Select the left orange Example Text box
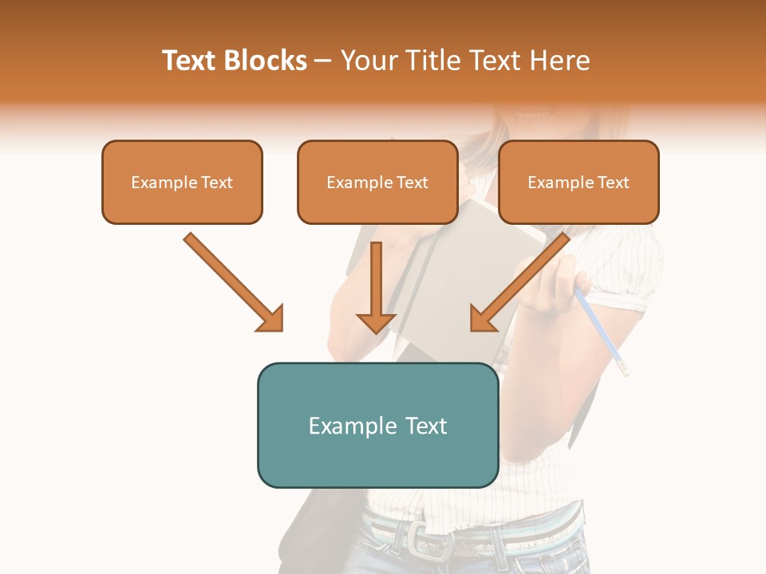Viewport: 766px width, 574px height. [182, 182]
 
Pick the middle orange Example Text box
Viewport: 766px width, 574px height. [377, 182]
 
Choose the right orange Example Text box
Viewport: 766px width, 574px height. [578, 182]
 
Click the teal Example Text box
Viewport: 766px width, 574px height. [377, 425]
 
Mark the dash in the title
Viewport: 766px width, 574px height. [324, 61]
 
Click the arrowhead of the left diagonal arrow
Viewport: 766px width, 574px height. [271, 319]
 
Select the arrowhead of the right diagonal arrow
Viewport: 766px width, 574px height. [482, 319]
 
